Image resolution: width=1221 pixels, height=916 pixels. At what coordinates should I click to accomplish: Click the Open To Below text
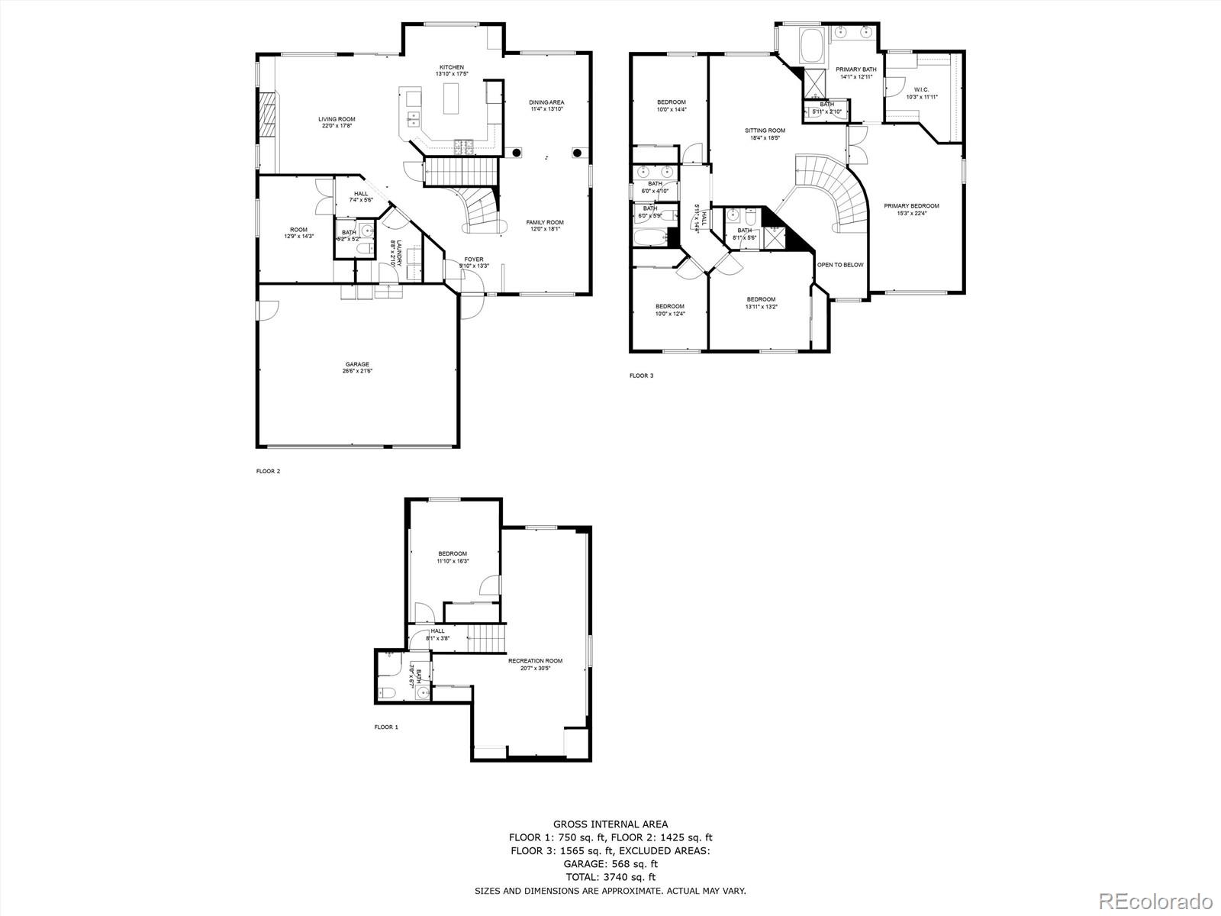(840, 265)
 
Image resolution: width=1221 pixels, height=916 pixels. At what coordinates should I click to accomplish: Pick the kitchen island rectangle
(452, 98)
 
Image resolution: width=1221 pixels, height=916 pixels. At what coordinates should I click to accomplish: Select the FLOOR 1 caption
(386, 727)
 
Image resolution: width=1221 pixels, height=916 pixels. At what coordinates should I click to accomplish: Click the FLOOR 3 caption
(641, 376)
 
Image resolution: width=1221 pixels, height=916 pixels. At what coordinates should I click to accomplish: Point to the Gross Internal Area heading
(610, 824)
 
